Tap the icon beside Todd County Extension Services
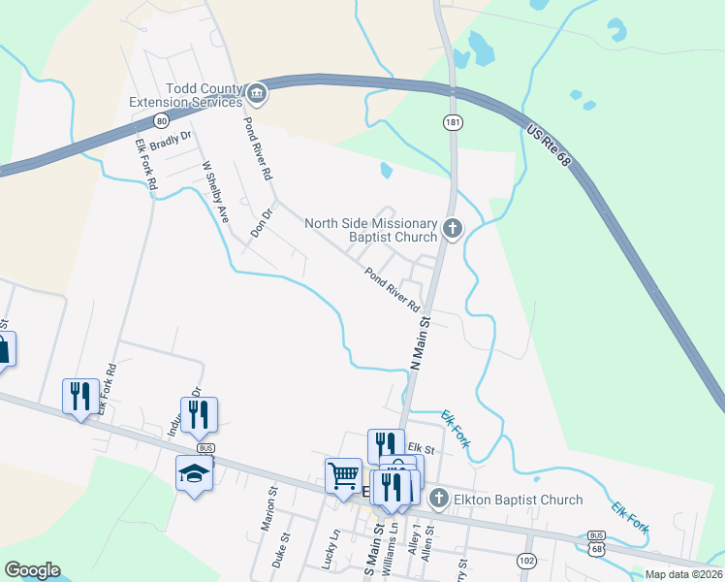(x=256, y=94)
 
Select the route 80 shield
(x=161, y=120)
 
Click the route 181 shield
(x=453, y=122)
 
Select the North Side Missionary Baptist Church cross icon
(x=452, y=229)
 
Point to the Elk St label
(x=420, y=447)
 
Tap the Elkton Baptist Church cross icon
(x=438, y=500)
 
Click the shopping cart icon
(x=343, y=475)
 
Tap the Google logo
(x=32, y=570)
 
